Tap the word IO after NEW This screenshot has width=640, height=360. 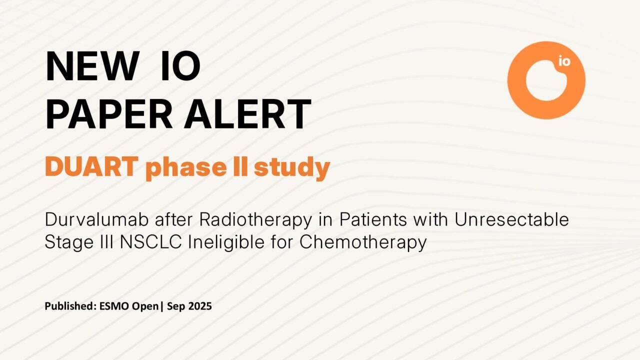click(x=180, y=66)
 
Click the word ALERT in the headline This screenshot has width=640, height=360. click(x=247, y=114)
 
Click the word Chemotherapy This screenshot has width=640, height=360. click(x=363, y=242)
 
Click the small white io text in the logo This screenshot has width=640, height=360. click(x=564, y=62)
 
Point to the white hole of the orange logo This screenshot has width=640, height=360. click(x=543, y=82)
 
